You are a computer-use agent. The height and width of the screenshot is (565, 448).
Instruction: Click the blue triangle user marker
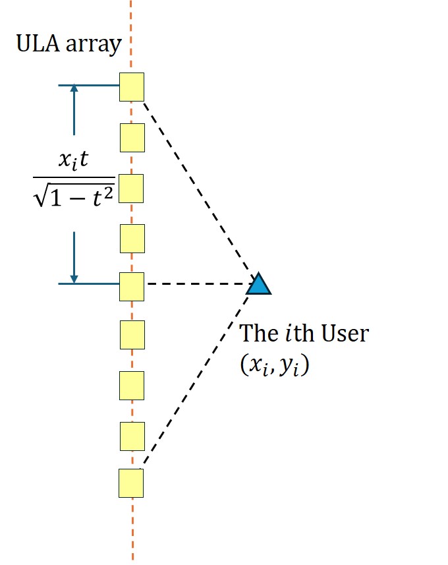pyautogui.click(x=259, y=284)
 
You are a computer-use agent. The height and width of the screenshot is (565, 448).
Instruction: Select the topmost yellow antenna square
pyautogui.click(x=132, y=88)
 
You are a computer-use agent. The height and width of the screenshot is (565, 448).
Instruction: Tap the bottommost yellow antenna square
pyautogui.click(x=131, y=483)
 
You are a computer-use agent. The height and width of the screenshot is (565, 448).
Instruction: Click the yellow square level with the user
pyautogui.click(x=132, y=284)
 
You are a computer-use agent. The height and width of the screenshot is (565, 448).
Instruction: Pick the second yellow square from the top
pyautogui.click(x=132, y=137)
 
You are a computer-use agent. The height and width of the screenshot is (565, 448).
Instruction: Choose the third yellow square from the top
pyautogui.click(x=132, y=188)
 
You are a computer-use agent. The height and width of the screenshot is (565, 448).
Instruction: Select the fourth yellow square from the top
pyautogui.click(x=132, y=238)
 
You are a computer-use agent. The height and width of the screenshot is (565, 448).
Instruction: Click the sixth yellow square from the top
pyautogui.click(x=132, y=334)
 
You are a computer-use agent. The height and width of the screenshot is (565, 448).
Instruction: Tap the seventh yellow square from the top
pyautogui.click(x=132, y=385)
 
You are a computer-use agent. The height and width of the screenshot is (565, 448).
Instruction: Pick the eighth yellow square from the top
pyautogui.click(x=132, y=434)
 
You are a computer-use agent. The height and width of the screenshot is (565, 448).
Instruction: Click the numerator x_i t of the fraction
pyautogui.click(x=74, y=162)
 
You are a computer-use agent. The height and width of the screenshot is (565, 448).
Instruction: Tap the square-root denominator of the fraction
pyautogui.click(x=74, y=193)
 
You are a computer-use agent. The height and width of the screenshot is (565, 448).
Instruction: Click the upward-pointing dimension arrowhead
pyautogui.click(x=74, y=89)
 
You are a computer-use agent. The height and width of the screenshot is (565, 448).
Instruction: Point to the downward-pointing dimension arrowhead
pyautogui.click(x=74, y=279)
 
